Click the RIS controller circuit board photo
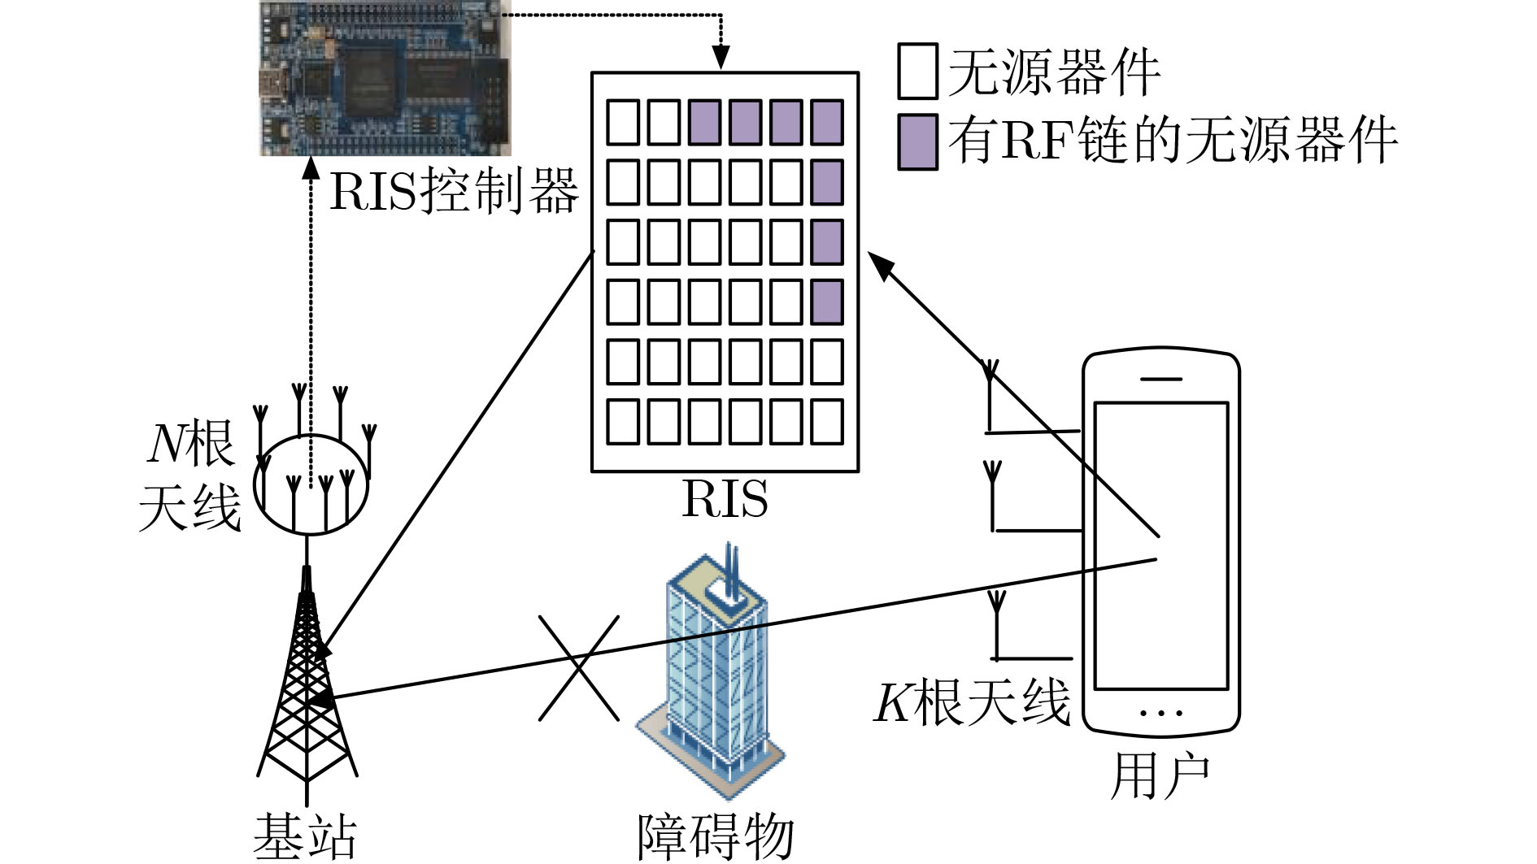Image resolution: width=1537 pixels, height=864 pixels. click(385, 78)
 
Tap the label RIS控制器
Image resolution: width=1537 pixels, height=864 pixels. click(454, 191)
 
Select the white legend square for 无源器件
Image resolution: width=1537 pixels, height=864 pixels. click(917, 72)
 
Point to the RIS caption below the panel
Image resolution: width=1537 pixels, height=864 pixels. click(725, 498)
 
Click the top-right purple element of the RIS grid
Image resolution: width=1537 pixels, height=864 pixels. click(827, 122)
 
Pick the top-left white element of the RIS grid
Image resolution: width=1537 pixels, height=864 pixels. click(623, 122)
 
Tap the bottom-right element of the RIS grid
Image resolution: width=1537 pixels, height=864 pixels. click(827, 421)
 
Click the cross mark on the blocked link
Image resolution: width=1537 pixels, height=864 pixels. click(579, 667)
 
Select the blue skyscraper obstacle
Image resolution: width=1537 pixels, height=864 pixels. click(710, 675)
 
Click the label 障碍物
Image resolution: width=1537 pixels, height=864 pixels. click(715, 836)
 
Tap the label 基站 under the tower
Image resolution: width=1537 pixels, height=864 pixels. click(305, 836)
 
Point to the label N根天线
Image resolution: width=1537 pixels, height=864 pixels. click(189, 475)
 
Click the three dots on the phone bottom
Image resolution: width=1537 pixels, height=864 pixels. click(1161, 713)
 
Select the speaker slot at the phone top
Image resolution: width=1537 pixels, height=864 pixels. click(1161, 379)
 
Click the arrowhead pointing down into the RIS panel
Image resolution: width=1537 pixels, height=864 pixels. click(721, 59)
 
